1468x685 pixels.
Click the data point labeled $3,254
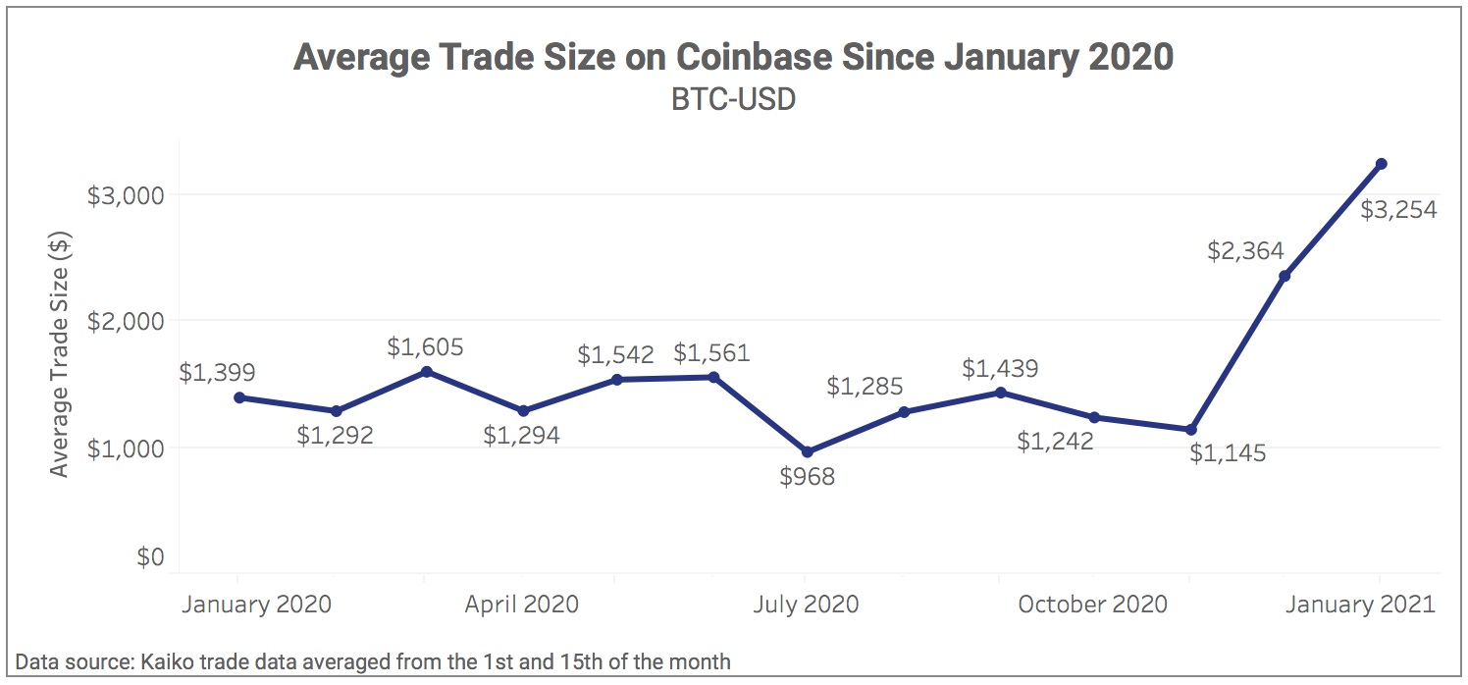coord(1380,164)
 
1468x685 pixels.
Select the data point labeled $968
coord(808,452)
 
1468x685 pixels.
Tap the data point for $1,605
coord(426,372)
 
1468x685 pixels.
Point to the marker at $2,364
coord(1284,276)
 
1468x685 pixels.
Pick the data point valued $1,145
coord(1191,430)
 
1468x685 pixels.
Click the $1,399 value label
coord(218,373)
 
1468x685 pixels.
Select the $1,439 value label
coord(1000,369)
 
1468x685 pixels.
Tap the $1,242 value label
coord(1055,442)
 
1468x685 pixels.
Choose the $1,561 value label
coord(711,353)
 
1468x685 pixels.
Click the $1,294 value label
coord(521,436)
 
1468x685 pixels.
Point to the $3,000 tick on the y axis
coord(126,195)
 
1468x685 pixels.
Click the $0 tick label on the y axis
coord(149,557)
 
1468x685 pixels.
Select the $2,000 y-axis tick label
coord(126,321)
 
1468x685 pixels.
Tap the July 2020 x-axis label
coord(806,604)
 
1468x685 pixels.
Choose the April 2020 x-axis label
coord(521,604)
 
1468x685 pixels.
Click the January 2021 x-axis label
coord(1359,604)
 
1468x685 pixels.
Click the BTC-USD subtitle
coord(733,100)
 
